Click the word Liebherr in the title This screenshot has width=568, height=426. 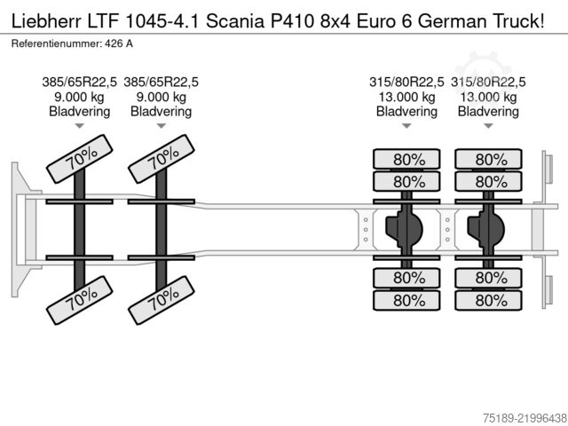pos(47,21)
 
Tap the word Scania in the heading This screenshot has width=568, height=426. pos(235,21)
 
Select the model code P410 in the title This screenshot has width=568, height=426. pos(292,21)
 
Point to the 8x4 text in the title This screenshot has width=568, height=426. pos(335,21)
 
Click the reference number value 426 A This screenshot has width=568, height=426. pos(119,43)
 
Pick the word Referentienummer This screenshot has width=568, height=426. pos(57,43)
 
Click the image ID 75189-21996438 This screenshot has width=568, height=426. pos(525,418)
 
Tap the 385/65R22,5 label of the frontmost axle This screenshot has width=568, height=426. pos(79,83)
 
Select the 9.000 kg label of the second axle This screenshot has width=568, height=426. pos(162,97)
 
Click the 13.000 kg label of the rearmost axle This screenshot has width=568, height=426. pos(488,97)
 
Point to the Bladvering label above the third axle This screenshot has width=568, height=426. pos(406,111)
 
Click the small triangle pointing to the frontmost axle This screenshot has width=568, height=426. pos(79,126)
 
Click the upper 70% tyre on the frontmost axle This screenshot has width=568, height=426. pos(80,159)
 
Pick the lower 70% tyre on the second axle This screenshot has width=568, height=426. pos(162,300)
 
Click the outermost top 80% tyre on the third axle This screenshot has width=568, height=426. pos(406,159)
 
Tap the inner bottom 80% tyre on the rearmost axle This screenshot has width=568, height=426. pos(488,278)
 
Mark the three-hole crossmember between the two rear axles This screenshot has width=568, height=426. pos(447,230)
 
